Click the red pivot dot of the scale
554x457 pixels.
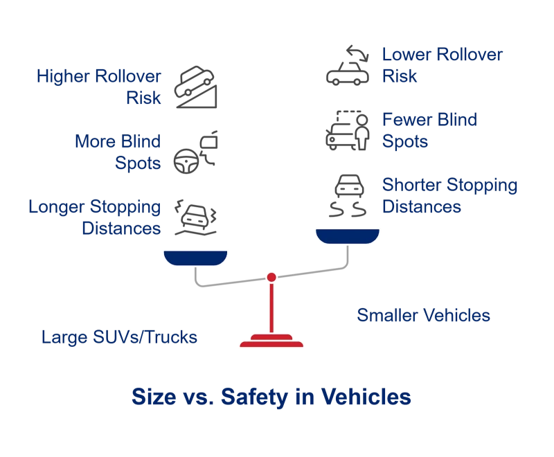[271, 277]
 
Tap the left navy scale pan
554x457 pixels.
[195, 258]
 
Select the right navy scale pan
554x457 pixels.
[348, 236]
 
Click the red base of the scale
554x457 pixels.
[271, 341]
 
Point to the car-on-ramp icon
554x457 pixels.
[195, 87]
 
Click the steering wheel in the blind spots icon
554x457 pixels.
[186, 161]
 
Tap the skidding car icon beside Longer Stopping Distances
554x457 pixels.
[195, 217]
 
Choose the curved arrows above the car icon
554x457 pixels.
[357, 53]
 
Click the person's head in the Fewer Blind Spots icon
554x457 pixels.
[361, 120]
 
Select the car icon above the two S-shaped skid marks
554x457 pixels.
[349, 186]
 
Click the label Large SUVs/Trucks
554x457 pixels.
[119, 337]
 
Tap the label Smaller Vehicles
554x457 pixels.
[423, 315]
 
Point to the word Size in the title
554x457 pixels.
[154, 397]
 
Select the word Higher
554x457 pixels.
[63, 77]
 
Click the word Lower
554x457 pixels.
[407, 55]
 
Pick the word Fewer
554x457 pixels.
[407, 119]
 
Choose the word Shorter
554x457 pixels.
[412, 185]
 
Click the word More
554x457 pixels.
[96, 141]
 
